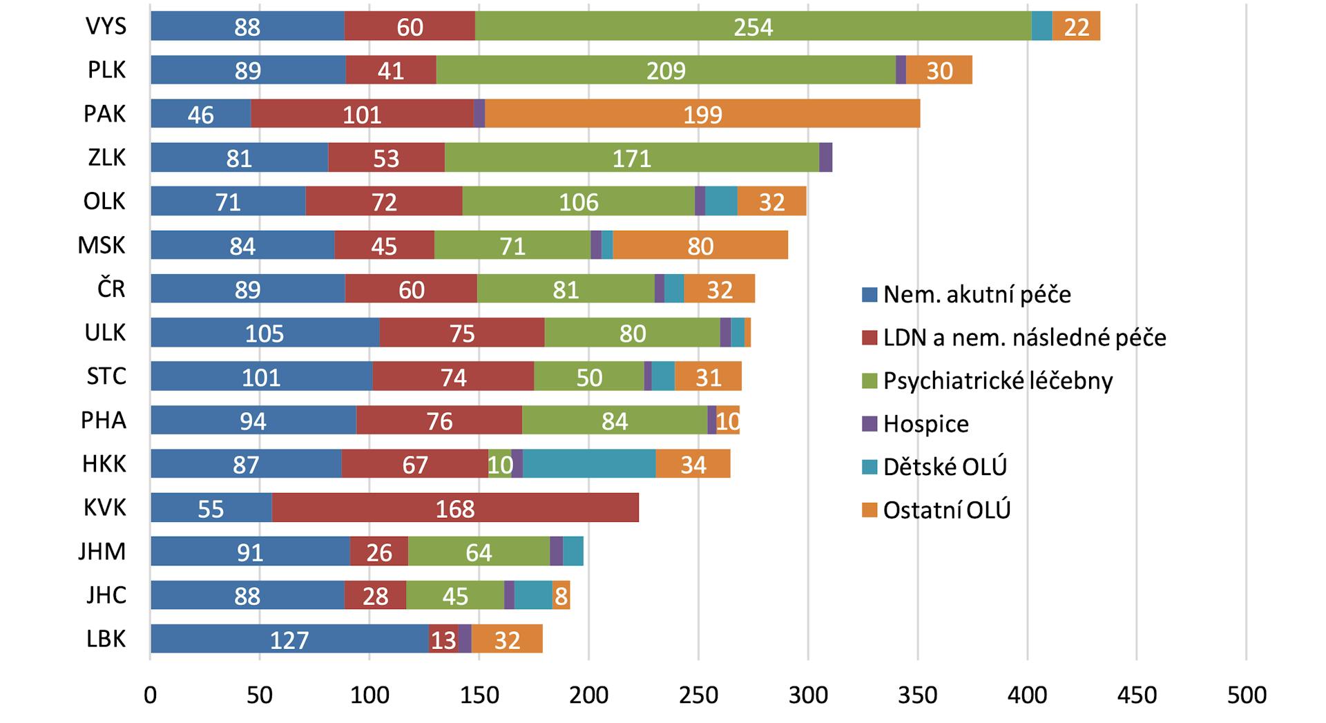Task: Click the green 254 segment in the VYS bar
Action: [x=753, y=26]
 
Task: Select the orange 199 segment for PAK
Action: [x=702, y=114]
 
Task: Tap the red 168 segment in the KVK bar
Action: [x=455, y=508]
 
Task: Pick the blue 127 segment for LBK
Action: [x=289, y=639]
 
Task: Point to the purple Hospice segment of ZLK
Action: [x=825, y=157]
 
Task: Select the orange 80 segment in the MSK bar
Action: [x=700, y=245]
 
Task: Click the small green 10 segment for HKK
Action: [x=499, y=463]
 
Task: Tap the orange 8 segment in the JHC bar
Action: [x=561, y=595]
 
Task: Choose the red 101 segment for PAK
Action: [x=362, y=114]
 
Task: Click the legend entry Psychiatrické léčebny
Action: [x=997, y=380]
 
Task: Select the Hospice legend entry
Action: [x=925, y=423]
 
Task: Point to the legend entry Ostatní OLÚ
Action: [x=946, y=510]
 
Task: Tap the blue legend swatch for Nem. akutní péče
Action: [x=869, y=295]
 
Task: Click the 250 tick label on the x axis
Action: [x=698, y=695]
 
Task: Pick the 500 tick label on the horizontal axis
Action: [x=1246, y=695]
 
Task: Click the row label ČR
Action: [x=110, y=289]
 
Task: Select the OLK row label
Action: [x=104, y=201]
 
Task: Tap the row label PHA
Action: [x=104, y=420]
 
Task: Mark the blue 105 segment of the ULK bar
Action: [x=265, y=333]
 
